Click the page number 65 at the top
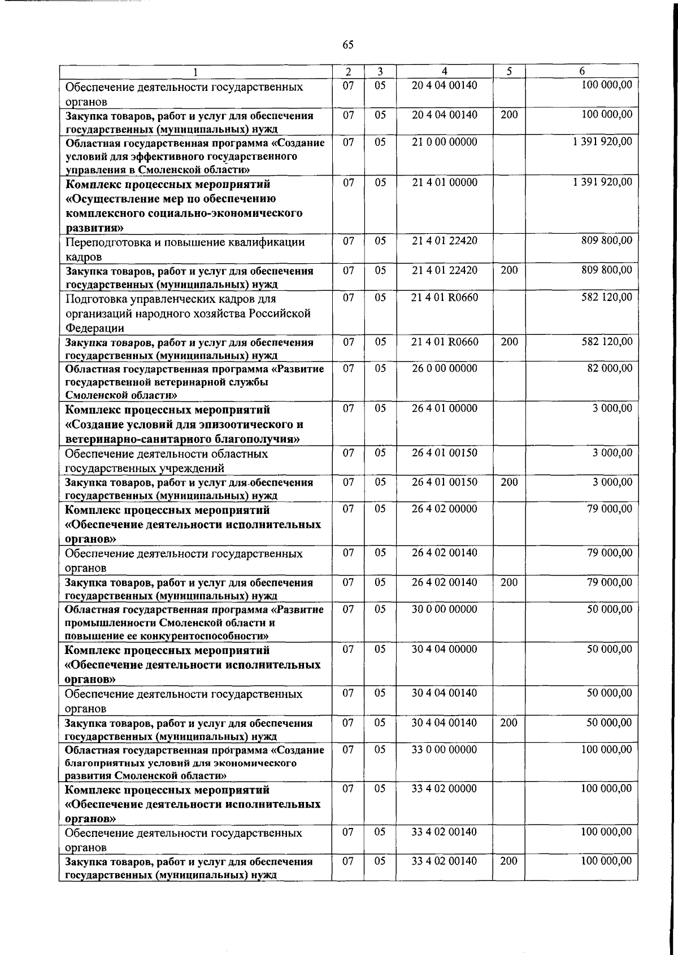pyautogui.click(x=348, y=45)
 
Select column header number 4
pyautogui.click(x=445, y=72)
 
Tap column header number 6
pyautogui.click(x=582, y=72)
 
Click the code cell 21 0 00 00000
pyautogui.click(x=445, y=142)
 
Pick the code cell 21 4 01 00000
pyautogui.click(x=445, y=182)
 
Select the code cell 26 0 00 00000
pyautogui.click(x=445, y=369)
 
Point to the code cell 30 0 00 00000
pyautogui.click(x=445, y=609)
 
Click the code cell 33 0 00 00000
pyautogui.click(x=445, y=750)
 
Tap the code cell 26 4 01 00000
pyautogui.click(x=445, y=408)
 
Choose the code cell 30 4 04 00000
pyautogui.click(x=445, y=649)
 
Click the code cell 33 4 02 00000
pyautogui.click(x=445, y=789)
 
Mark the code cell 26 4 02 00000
pyautogui.click(x=445, y=509)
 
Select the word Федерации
pyautogui.click(x=95, y=328)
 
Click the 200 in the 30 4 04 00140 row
pyautogui.click(x=508, y=723)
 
